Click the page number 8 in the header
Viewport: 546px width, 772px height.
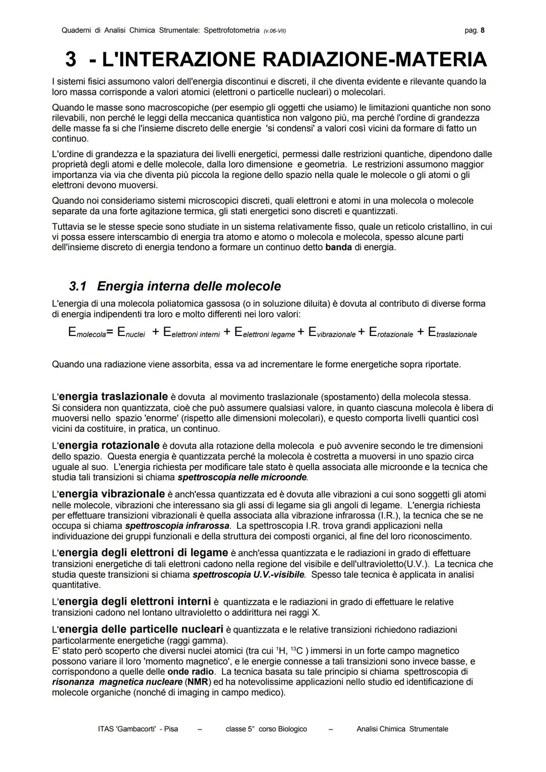point(482,30)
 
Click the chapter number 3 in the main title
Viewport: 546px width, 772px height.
point(71,60)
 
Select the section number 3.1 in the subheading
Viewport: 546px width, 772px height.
point(77,286)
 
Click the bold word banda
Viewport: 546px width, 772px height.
point(339,248)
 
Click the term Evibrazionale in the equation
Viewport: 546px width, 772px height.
point(331,332)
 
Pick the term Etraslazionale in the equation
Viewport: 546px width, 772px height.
point(452,332)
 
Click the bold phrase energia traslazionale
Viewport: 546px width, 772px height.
point(114,396)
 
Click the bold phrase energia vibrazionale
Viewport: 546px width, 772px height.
point(112,494)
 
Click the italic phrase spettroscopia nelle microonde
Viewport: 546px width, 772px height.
point(242,477)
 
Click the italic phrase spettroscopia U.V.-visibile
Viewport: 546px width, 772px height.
point(249,574)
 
